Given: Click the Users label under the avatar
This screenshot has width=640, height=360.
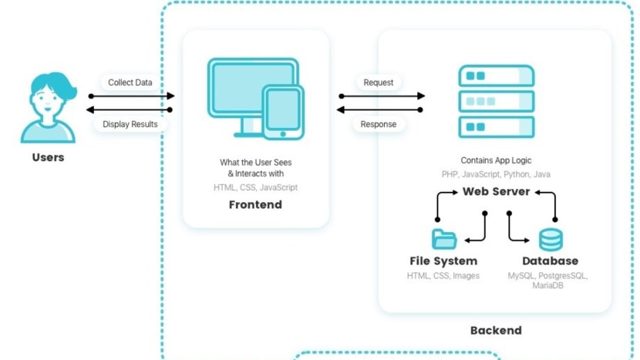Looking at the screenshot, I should pyautogui.click(x=48, y=157).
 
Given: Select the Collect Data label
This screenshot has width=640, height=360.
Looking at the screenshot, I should pyautogui.click(x=130, y=82).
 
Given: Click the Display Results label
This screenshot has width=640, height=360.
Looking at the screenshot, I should pyautogui.click(x=130, y=124).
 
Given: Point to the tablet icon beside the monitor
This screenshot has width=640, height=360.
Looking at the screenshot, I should pyautogui.click(x=282, y=113).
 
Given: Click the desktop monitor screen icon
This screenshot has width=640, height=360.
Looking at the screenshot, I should pyautogui.click(x=241, y=86).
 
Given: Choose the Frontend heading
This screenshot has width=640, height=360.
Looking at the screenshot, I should pyautogui.click(x=255, y=205).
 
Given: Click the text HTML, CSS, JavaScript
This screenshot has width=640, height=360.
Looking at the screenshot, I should pyautogui.click(x=255, y=187).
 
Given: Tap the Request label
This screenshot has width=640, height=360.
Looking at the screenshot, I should pyautogui.click(x=379, y=82).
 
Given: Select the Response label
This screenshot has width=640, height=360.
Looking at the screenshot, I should pyautogui.click(x=379, y=124).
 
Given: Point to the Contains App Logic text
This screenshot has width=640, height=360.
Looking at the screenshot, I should pyautogui.click(x=496, y=161).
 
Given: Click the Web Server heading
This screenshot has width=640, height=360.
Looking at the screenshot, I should pyautogui.click(x=496, y=192).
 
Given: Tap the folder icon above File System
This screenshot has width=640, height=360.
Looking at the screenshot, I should pyautogui.click(x=444, y=239).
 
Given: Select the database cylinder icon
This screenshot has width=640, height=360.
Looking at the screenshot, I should pyautogui.click(x=551, y=240).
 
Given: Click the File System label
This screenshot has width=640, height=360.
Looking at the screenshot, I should pyautogui.click(x=443, y=261).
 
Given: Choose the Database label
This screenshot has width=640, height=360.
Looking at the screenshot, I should pyautogui.click(x=550, y=261).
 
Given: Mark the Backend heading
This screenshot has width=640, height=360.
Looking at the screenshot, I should pyautogui.click(x=496, y=331).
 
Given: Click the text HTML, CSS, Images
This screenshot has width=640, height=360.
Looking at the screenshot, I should pyautogui.click(x=443, y=276).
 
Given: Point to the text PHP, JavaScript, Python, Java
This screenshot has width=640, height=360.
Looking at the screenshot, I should pyautogui.click(x=496, y=175).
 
